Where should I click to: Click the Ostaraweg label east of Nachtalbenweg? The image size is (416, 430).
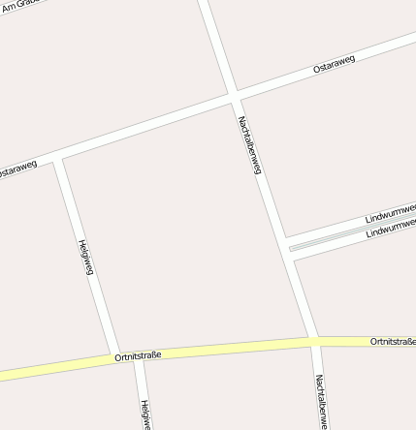pos(335,65)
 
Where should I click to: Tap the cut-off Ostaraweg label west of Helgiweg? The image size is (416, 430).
pos(16,169)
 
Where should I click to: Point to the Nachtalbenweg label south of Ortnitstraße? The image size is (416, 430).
pos(319,401)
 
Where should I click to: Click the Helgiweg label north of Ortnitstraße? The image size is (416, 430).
pos(85,257)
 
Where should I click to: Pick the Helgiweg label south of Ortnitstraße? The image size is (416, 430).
pos(144,415)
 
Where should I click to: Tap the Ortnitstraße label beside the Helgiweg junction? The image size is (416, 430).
pos(137,356)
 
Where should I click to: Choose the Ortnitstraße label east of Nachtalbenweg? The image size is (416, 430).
pos(392,342)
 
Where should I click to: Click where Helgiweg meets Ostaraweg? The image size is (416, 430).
pos(58,159)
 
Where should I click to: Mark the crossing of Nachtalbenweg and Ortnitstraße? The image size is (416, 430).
pos(313,341)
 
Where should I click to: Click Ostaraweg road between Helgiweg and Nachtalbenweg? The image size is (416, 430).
pos(145,128)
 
